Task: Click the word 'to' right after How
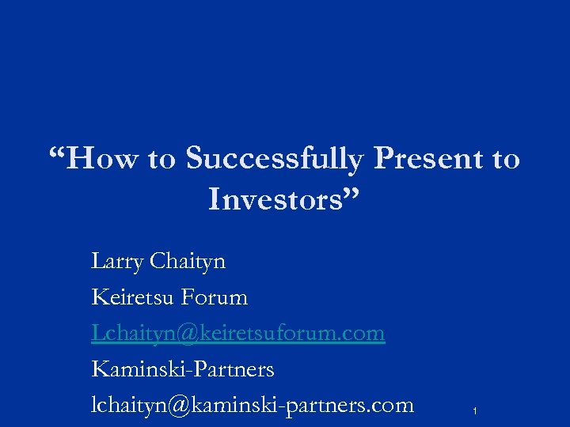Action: click(x=161, y=160)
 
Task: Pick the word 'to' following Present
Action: click(x=506, y=160)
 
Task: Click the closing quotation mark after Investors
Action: click(x=353, y=193)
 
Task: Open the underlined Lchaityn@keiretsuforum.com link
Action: click(x=237, y=333)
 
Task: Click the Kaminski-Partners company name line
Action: click(x=183, y=368)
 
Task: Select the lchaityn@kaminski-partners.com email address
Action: click(x=253, y=405)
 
